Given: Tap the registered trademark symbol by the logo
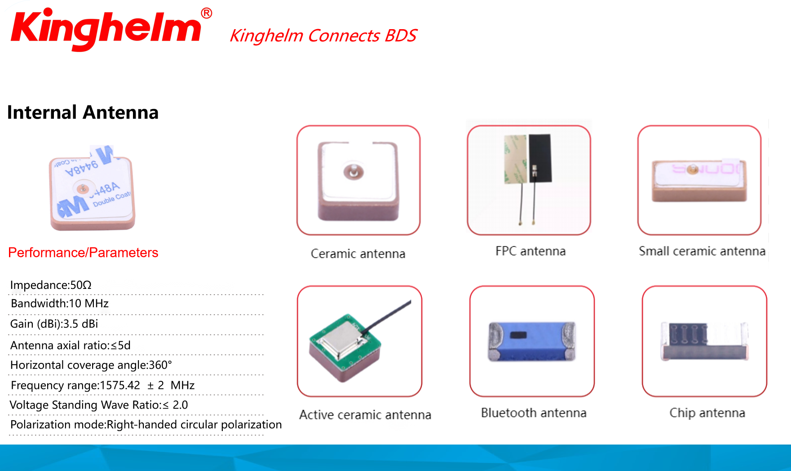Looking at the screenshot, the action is coord(206,13).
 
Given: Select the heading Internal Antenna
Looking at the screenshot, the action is coord(83,112).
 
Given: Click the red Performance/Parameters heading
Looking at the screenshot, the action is coord(83,253).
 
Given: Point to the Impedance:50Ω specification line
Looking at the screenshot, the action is coord(51,285).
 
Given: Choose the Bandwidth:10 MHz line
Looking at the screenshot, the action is coord(60,304).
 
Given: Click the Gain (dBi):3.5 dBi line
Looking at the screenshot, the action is coord(54,324).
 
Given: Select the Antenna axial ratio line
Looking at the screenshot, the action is coord(71,345).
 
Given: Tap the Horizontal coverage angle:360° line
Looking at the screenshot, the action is coord(91,365).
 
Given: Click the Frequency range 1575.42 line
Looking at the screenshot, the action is coord(102,385).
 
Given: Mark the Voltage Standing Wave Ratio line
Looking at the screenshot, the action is coord(99,405).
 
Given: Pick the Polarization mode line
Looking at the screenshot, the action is coord(146,425).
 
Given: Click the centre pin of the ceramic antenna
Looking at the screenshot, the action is coord(354,171).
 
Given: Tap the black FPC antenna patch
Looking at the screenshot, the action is coord(540,158).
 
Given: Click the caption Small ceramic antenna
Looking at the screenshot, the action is coord(702,251).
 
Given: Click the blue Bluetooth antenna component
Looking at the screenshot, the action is coord(532,341).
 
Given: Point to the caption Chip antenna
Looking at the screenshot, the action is coord(707,413).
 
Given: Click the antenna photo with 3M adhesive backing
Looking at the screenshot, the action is coord(92,188).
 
